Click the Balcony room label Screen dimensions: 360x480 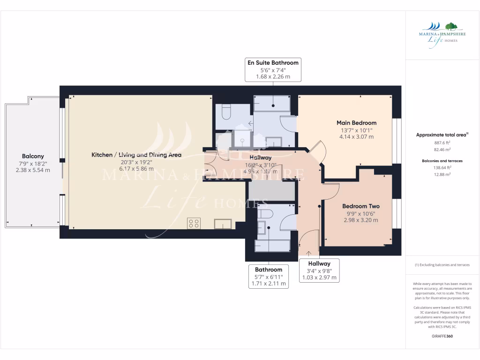33,156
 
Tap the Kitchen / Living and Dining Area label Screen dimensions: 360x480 136,155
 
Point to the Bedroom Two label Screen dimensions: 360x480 360,206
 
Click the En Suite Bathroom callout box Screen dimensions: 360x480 273,69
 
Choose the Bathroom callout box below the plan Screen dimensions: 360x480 269,276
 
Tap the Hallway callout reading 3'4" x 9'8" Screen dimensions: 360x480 319,270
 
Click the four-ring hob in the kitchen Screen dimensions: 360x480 194,224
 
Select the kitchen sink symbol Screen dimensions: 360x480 223,224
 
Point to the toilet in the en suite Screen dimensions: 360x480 225,112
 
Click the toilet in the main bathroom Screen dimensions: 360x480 265,214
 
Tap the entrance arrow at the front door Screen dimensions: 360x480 308,254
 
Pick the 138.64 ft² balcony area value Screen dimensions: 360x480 442,167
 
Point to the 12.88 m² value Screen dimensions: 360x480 442,174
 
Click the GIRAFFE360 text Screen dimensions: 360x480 442,336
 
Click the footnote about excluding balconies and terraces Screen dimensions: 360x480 442,265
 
